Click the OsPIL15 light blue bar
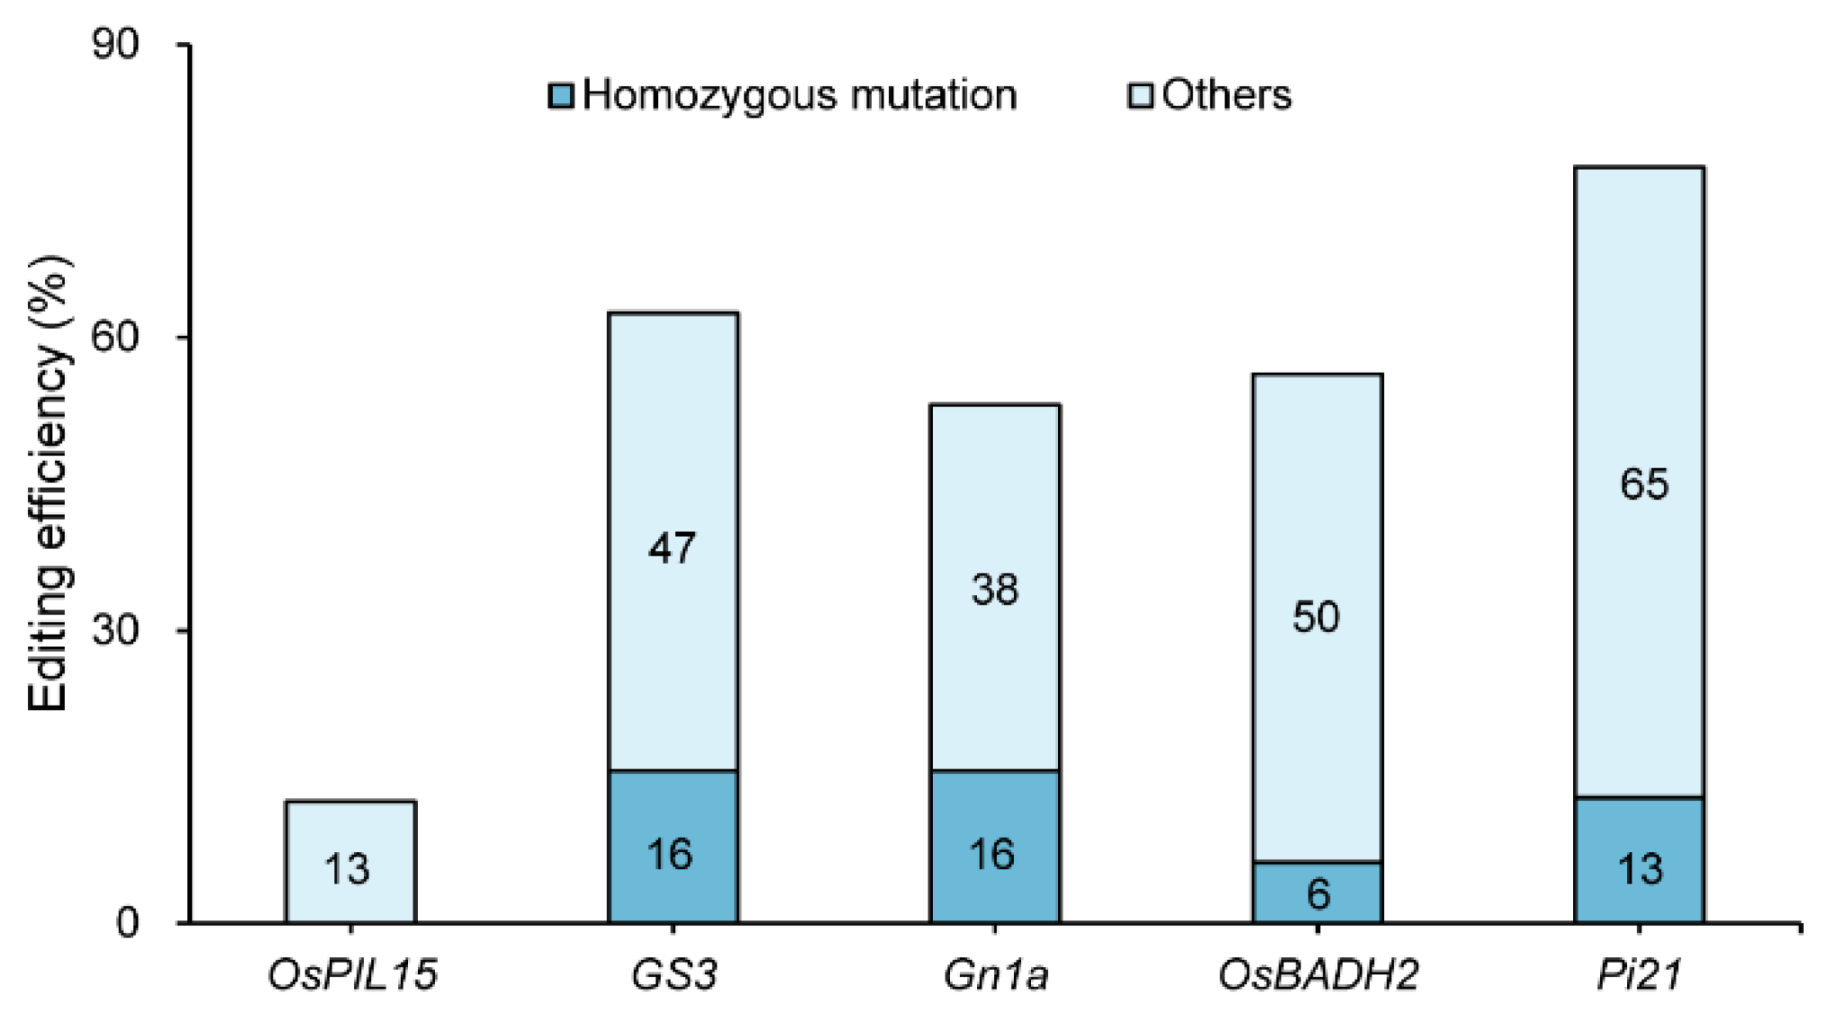tap(351, 860)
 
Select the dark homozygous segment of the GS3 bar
tap(672, 846)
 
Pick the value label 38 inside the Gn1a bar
tap(995, 590)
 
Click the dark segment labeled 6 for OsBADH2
tap(1318, 891)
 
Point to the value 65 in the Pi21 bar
tap(1644, 483)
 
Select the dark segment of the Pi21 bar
tap(1639, 859)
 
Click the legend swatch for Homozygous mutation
tap(561, 95)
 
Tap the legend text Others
tap(1226, 95)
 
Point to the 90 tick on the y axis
tap(116, 45)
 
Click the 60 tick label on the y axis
tap(116, 337)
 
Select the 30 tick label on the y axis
tap(116, 630)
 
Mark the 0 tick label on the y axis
tap(128, 923)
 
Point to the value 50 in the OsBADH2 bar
tap(1316, 616)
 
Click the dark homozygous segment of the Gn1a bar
tap(995, 846)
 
